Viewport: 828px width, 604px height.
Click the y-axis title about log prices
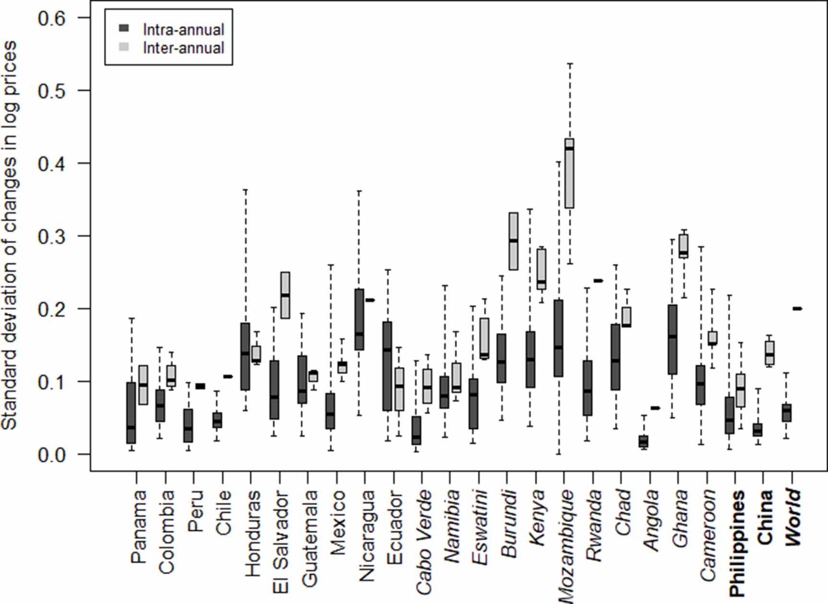tap(10, 235)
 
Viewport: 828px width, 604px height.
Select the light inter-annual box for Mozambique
tap(569, 174)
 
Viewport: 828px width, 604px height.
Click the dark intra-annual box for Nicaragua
tap(359, 320)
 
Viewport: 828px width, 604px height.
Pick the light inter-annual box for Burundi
tap(513, 241)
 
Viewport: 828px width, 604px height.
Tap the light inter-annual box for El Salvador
tap(285, 295)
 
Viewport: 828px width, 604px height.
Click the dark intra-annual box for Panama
tap(131, 413)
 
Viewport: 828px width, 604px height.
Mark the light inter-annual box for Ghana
tap(684, 247)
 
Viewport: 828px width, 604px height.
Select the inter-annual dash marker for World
tap(797, 309)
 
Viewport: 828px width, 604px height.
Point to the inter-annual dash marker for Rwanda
tap(598, 281)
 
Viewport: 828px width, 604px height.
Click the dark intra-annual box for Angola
tap(643, 441)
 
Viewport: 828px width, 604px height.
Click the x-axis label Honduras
tap(252, 533)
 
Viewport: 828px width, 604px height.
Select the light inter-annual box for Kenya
tap(541, 269)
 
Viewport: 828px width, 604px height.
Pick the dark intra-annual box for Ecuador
tap(387, 366)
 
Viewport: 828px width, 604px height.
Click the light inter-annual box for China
tap(769, 353)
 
